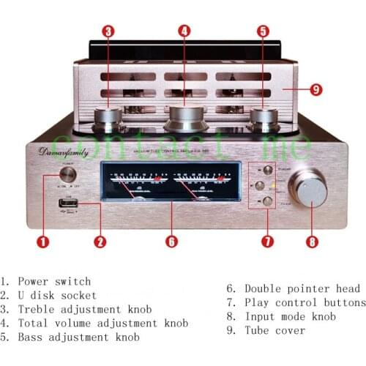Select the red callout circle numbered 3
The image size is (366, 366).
[x=108, y=31]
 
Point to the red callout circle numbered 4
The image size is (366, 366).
[x=184, y=31]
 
